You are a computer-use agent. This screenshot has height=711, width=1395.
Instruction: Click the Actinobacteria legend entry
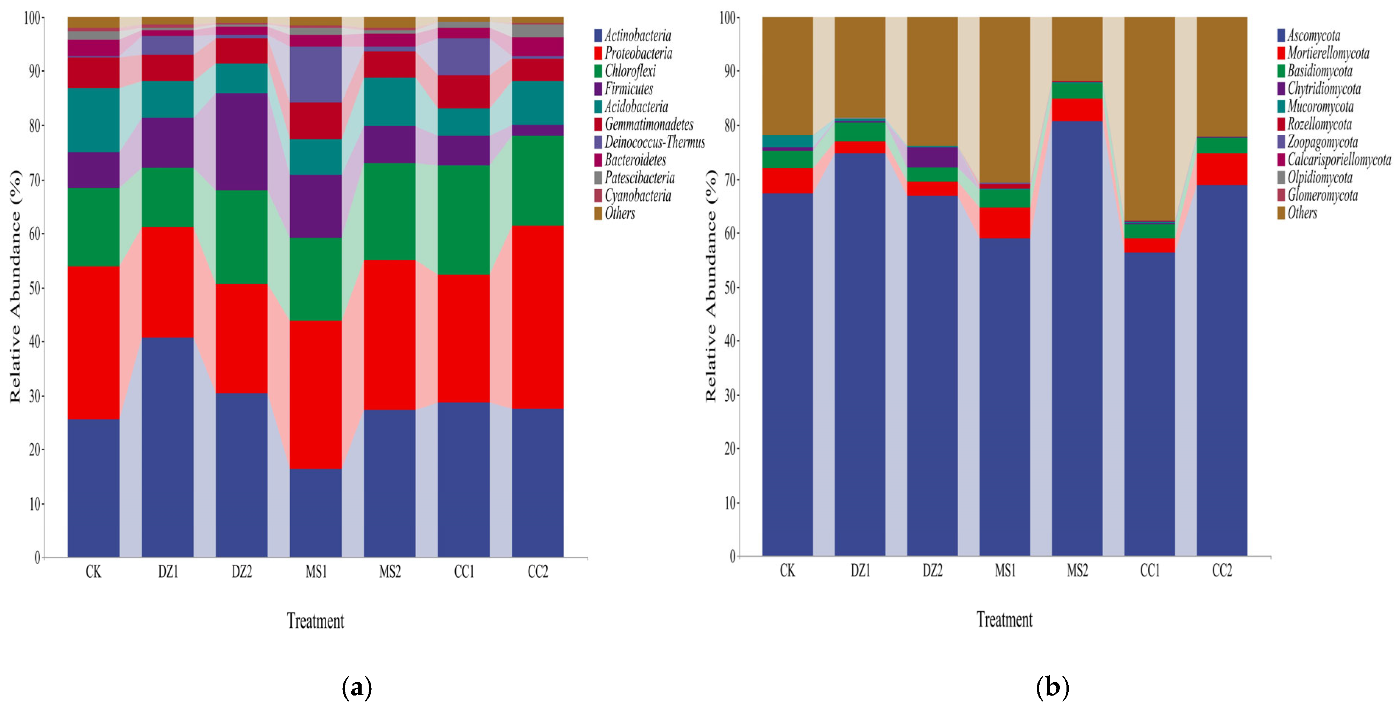click(x=632, y=36)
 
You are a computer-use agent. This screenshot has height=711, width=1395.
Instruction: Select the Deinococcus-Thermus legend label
click(x=649, y=142)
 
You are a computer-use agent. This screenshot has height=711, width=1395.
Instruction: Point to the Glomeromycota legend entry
click(x=1317, y=195)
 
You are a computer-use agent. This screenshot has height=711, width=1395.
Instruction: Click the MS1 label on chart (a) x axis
click(x=316, y=572)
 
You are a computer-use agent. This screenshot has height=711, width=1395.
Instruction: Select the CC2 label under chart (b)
click(x=1222, y=571)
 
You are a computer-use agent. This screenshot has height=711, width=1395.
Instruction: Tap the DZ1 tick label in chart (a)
click(x=168, y=572)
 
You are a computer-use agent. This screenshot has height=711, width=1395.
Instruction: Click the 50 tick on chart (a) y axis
click(x=34, y=288)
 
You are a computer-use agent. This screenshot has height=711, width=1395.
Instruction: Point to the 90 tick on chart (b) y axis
click(x=730, y=71)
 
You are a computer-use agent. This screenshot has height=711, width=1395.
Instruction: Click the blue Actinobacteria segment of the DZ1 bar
click(x=168, y=447)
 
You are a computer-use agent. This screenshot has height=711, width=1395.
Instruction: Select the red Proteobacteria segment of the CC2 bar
click(x=538, y=317)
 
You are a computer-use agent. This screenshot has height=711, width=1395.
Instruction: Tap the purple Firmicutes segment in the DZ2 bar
click(x=242, y=141)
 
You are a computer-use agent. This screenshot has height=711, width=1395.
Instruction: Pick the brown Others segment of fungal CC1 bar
click(x=1150, y=119)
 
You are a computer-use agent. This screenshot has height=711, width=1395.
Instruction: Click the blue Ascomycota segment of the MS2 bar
click(x=1077, y=339)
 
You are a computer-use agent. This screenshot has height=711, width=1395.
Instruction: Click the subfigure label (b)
click(x=1052, y=687)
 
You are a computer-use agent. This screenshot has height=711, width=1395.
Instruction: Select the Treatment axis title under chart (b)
click(x=1005, y=619)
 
